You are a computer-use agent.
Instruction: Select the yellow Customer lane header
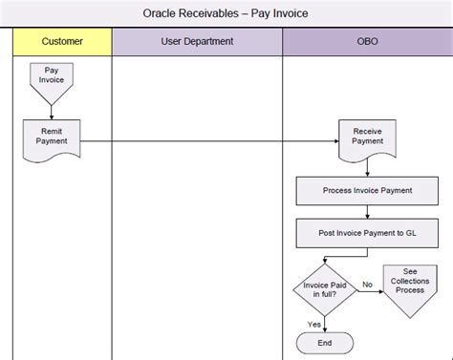coord(63,42)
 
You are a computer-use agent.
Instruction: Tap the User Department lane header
coord(197,42)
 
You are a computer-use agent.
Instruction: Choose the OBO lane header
coord(367,42)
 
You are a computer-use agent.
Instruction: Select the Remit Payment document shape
coord(52,136)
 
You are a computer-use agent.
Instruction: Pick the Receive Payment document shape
coord(367,136)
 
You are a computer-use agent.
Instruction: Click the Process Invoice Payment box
coord(367,190)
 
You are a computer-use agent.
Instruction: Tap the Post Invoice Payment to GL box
coord(367,232)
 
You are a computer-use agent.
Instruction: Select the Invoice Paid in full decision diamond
coord(324,287)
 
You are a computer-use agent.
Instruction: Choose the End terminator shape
coord(324,343)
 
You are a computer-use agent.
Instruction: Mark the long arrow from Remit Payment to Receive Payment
coord(210,141)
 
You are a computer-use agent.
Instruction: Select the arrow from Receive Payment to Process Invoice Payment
coord(367,167)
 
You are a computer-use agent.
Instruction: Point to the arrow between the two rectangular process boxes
coord(367,212)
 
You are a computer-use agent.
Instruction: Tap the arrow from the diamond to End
coord(324,323)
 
